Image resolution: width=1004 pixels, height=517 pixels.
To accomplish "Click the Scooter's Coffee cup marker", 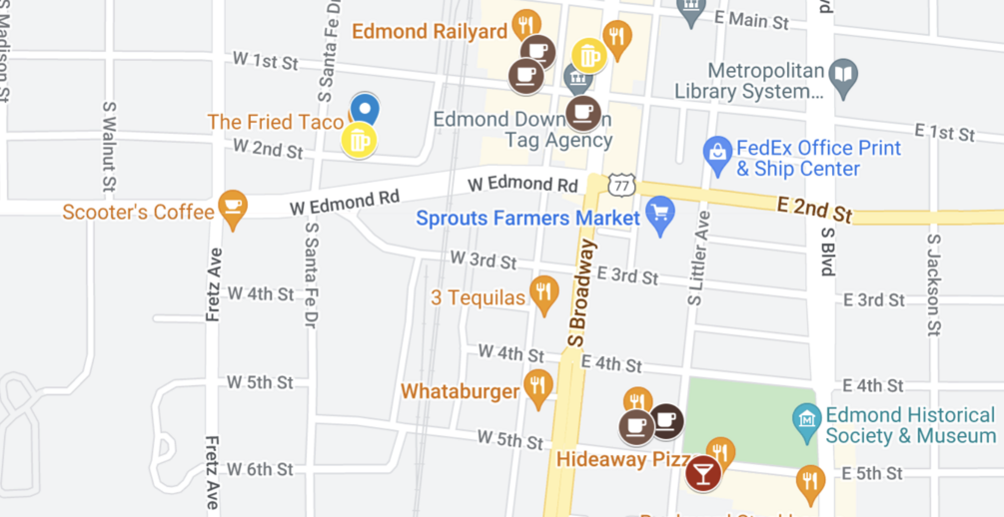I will (233, 207).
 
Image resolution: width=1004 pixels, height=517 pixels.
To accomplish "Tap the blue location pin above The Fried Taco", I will (365, 108).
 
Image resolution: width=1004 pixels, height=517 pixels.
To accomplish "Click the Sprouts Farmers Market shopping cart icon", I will (658, 212).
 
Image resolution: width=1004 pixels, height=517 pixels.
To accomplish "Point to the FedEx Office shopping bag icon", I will (717, 152).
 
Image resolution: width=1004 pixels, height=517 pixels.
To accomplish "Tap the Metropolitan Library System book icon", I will (844, 77).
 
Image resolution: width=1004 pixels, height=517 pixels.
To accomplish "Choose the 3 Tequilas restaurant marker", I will (543, 292).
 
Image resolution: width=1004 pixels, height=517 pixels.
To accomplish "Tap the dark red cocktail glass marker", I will (703, 472).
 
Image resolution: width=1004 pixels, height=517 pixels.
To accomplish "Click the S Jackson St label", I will (934, 284).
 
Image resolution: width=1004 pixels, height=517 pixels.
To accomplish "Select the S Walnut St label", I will (108, 146).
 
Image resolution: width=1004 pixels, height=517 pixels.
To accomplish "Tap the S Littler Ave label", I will (696, 258).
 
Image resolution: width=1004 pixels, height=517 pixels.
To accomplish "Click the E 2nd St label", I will (814, 210).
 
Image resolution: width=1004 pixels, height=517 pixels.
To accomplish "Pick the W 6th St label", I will (260, 469).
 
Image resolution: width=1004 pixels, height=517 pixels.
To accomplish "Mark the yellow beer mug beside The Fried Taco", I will (359, 141).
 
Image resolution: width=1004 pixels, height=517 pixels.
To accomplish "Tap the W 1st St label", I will (266, 62).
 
